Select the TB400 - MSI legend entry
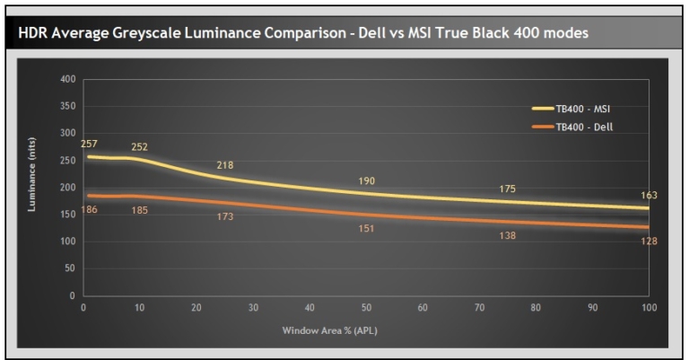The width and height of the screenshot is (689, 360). (x=583, y=108)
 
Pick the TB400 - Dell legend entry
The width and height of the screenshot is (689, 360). (x=582, y=127)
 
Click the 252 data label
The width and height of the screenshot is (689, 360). (x=139, y=146)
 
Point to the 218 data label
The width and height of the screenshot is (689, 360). (x=225, y=165)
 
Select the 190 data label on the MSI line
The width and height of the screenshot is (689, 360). (x=366, y=180)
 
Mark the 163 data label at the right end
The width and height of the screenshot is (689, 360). (x=649, y=195)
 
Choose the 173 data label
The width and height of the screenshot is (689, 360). (x=225, y=217)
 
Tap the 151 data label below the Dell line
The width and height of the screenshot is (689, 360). (x=366, y=229)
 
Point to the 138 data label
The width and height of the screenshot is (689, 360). (x=508, y=235)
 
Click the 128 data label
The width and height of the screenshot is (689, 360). (x=649, y=241)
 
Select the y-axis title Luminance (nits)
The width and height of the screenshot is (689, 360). (x=32, y=187)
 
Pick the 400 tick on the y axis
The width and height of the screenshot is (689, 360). (x=67, y=79)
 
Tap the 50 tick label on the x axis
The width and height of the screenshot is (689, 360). (x=365, y=308)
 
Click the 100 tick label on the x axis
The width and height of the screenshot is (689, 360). (x=648, y=308)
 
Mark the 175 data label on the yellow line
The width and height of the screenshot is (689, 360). (x=508, y=189)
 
